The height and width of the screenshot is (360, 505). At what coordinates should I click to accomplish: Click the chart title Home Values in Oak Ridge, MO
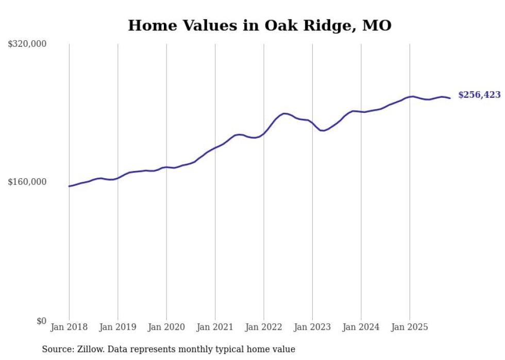click(x=260, y=25)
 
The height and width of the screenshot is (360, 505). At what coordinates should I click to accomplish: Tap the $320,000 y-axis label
click(x=27, y=44)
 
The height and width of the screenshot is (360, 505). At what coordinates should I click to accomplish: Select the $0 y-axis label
click(x=41, y=321)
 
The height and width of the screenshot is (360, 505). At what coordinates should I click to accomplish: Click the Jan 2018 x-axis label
click(x=69, y=327)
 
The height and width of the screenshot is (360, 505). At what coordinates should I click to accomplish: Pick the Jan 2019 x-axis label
click(x=117, y=327)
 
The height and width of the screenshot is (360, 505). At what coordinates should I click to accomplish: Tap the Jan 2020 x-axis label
click(x=166, y=327)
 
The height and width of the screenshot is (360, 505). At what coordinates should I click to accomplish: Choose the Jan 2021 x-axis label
click(x=215, y=327)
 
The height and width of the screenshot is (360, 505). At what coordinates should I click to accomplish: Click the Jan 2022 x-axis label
click(x=263, y=327)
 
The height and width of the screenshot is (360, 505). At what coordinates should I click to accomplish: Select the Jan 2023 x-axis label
click(x=312, y=327)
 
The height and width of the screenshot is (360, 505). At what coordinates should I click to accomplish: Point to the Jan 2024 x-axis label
click(x=361, y=327)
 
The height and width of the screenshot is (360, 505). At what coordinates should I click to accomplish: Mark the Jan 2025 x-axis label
click(x=410, y=327)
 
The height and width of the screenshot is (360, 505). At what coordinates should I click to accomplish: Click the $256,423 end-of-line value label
click(x=479, y=95)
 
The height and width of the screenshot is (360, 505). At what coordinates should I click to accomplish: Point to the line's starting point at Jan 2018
click(x=69, y=186)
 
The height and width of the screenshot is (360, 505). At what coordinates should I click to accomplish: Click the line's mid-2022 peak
click(x=283, y=113)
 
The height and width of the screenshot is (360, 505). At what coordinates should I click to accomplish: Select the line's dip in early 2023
click(x=322, y=131)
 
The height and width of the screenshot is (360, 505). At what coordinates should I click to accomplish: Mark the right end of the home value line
click(x=450, y=98)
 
